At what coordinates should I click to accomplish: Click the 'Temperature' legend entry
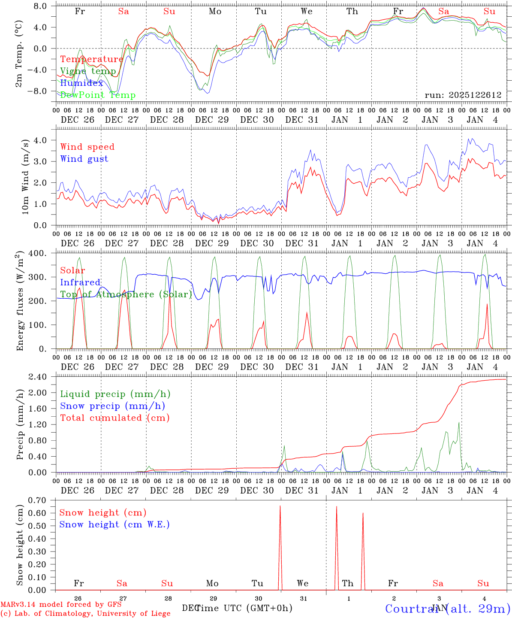point(91,59)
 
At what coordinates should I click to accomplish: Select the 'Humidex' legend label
point(81,83)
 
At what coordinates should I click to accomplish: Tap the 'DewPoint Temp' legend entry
point(98,95)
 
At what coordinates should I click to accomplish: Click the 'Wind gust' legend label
point(84,159)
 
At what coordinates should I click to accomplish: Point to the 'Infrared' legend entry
point(80,282)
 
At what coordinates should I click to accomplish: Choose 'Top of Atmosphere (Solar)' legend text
point(126,294)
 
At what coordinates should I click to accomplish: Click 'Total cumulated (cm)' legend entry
point(114,418)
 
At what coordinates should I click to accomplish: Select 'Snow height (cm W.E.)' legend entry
point(114,524)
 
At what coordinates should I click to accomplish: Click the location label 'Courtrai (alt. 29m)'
point(448,609)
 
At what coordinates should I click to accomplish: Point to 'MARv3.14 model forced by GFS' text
point(61,605)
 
